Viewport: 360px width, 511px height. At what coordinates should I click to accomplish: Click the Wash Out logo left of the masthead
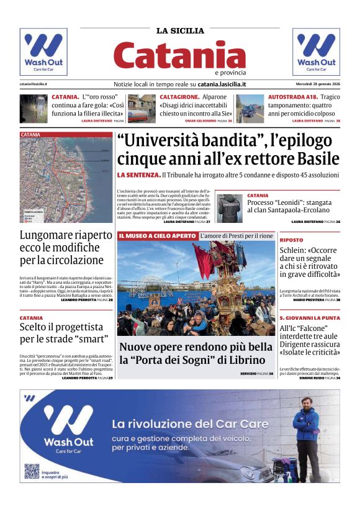43,52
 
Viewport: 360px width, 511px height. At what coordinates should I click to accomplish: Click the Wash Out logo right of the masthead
316,52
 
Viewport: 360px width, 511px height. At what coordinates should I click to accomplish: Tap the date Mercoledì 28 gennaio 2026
317,84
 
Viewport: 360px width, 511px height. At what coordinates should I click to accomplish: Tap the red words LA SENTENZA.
138,175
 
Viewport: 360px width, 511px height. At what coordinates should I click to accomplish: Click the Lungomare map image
66,178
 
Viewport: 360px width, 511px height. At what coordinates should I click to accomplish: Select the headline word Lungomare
48,235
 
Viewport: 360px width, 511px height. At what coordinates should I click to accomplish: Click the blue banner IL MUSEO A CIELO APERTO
157,236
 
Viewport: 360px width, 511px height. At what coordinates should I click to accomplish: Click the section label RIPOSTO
291,240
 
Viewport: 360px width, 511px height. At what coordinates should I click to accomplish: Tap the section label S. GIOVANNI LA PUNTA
309,317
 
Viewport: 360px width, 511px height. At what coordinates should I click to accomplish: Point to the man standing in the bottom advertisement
306,435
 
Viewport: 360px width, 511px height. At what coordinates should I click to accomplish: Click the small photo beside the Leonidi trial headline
230,208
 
